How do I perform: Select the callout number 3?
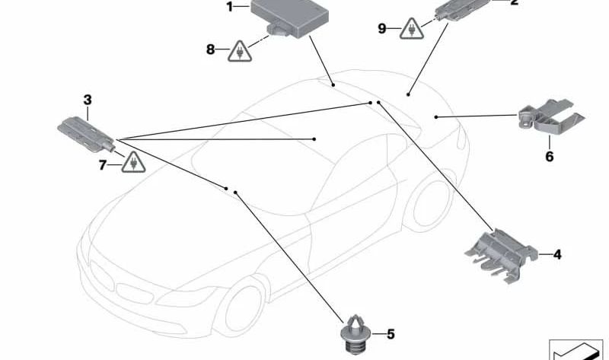pyautogui.click(x=88, y=100)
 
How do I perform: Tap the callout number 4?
pyautogui.click(x=557, y=255)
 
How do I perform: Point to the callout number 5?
pyautogui.click(x=391, y=333)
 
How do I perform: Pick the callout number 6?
pyautogui.click(x=549, y=157)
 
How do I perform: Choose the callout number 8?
pyautogui.click(x=211, y=50)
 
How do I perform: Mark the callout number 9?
pyautogui.click(x=382, y=29)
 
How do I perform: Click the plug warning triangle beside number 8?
pyautogui.click(x=240, y=52)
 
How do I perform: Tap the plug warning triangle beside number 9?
pyautogui.click(x=413, y=30)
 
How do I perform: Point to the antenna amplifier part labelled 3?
pyautogui.click(x=85, y=130)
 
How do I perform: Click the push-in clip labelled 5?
pyautogui.click(x=352, y=335)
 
